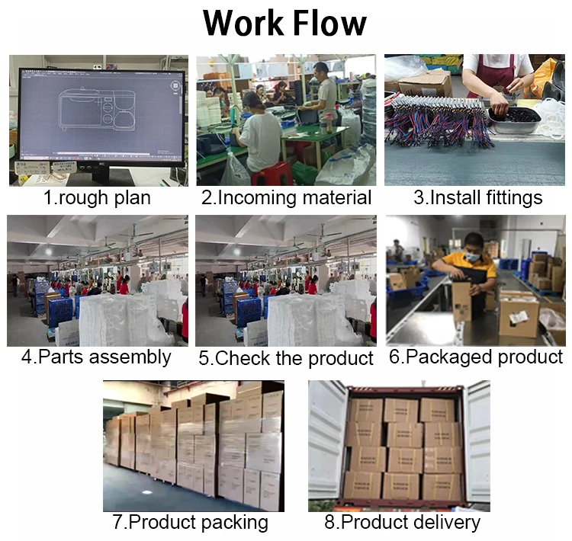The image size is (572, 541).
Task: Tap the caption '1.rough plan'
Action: click(x=97, y=198)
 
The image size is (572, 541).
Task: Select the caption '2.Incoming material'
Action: click(x=286, y=198)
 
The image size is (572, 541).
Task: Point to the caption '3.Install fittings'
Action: click(x=478, y=198)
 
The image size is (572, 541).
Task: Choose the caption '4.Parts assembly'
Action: click(x=96, y=357)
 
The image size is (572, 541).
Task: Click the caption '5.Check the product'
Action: click(x=286, y=357)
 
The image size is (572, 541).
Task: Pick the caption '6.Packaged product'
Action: click(x=476, y=357)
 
